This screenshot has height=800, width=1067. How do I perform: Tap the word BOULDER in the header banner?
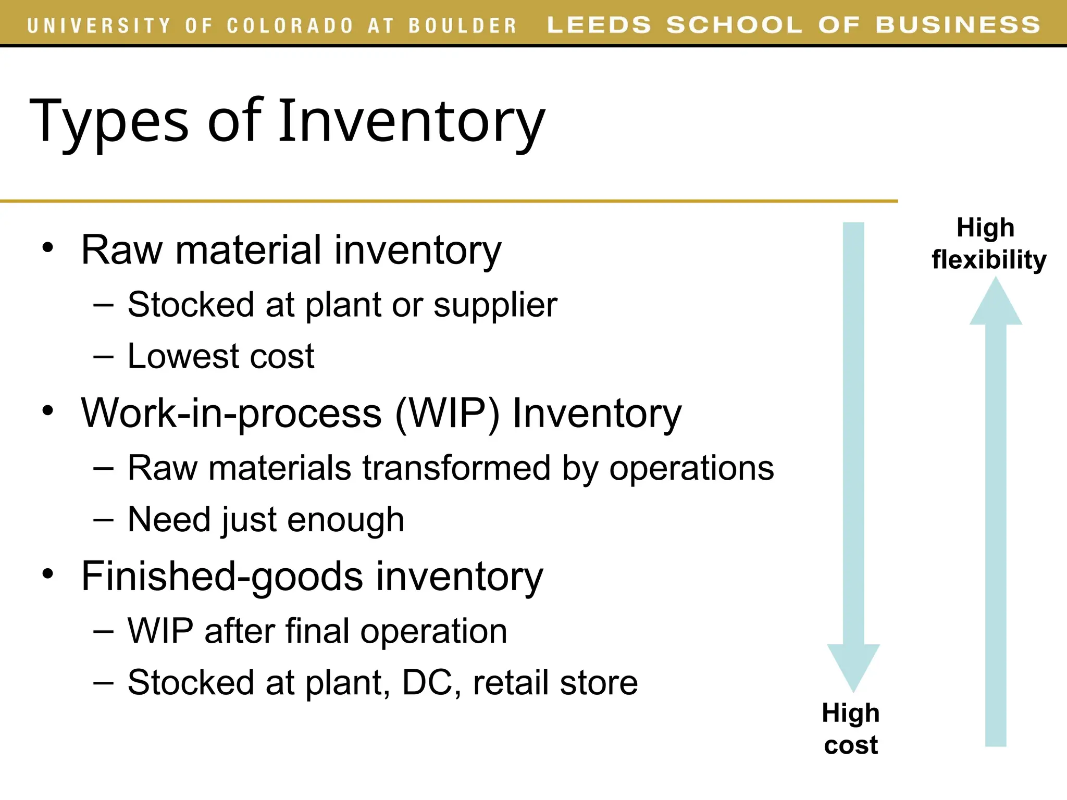(462, 25)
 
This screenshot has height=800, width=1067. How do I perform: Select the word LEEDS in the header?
(599, 25)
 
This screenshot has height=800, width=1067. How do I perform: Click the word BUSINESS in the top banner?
(958, 25)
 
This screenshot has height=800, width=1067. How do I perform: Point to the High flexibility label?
(988, 244)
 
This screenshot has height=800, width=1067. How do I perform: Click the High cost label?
(851, 729)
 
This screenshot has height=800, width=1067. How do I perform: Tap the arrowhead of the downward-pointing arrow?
(853, 667)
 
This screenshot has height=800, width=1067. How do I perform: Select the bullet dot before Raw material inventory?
(48, 247)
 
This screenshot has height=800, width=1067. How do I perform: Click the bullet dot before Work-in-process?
(48, 410)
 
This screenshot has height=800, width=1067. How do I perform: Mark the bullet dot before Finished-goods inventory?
(48, 574)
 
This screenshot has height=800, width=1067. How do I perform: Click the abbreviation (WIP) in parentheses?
(447, 414)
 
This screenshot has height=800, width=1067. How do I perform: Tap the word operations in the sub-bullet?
(691, 468)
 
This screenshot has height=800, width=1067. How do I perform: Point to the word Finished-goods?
(222, 577)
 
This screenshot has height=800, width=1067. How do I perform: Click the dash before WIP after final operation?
(103, 631)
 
